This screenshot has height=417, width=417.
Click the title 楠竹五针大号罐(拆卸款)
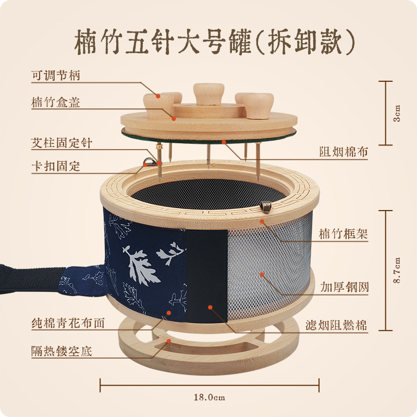pos(208,41)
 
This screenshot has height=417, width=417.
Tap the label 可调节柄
pos(56,76)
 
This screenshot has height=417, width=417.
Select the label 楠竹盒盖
pos(56,102)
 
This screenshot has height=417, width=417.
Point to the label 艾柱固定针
pos(61,142)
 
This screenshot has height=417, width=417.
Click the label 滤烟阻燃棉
pos(337,326)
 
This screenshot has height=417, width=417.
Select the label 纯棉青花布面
pos(68,323)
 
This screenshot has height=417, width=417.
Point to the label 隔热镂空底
pos(61,351)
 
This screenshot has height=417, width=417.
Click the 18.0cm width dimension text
pos(209,398)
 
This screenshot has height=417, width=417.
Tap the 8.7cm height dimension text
pos(397,270)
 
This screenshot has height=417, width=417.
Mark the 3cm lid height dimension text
pos(397,112)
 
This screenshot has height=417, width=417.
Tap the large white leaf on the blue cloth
pos(139,266)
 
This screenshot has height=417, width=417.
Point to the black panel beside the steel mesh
pos(206,276)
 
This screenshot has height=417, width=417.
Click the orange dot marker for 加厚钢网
pos(262,274)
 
